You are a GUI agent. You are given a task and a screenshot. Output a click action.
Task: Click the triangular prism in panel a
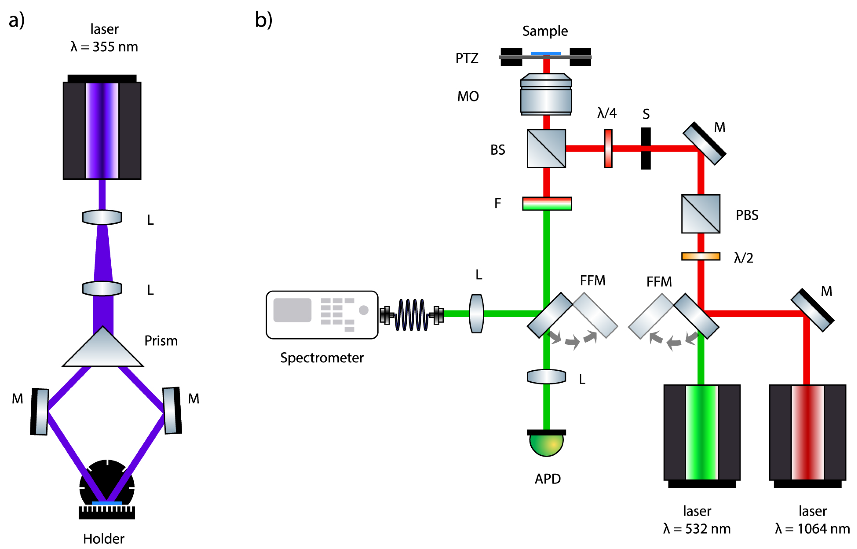(103, 351)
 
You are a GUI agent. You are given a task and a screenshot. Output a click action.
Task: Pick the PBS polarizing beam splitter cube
(700, 214)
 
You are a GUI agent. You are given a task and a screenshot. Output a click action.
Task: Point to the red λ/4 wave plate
(608, 148)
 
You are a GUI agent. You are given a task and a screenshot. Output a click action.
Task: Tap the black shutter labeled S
(646, 148)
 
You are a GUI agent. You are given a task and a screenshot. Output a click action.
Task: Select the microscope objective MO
(546, 95)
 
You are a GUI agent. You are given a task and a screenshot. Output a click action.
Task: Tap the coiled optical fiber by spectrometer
(412, 315)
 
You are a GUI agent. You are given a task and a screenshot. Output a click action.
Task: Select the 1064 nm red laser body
(807, 432)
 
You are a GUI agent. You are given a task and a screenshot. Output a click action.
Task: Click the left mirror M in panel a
(40, 412)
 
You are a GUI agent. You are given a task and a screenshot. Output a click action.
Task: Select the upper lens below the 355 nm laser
(102, 217)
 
